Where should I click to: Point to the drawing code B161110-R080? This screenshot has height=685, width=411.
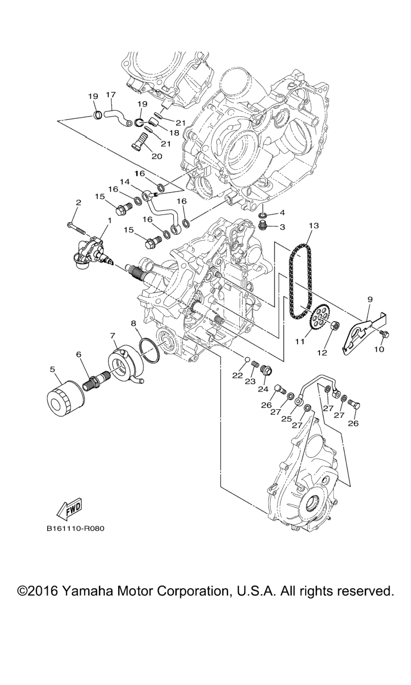tap(75, 529)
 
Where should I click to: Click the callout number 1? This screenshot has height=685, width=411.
tap(110, 220)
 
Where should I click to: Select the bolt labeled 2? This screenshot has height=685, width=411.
tap(75, 227)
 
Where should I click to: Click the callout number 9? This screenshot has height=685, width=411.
tap(369, 300)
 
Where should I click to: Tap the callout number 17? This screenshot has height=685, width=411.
tap(111, 95)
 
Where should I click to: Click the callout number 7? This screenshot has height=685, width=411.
tap(113, 336)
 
